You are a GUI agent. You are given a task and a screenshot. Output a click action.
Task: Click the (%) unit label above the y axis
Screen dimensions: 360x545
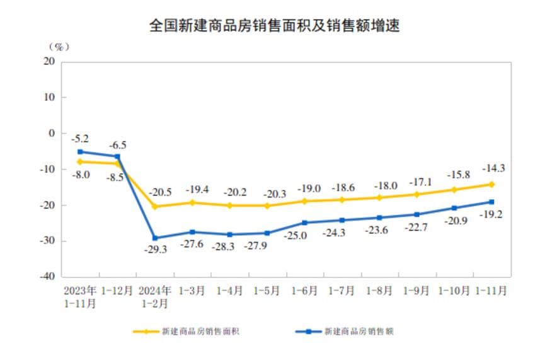pyautogui.click(x=58, y=47)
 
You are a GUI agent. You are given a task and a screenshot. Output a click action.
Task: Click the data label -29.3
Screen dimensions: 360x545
pyautogui.click(x=155, y=250)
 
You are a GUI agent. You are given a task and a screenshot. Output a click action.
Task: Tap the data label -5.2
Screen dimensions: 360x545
pyautogui.click(x=80, y=138)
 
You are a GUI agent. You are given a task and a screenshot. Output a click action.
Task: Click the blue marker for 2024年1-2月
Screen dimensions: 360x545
pyautogui.click(x=155, y=238)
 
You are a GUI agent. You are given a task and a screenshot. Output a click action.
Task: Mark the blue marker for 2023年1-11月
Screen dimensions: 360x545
pyautogui.click(x=80, y=152)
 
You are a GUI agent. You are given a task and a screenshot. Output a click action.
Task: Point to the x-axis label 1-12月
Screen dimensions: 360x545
pyautogui.click(x=117, y=291)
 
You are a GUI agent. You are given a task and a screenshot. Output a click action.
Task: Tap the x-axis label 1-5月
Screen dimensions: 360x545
pyautogui.click(x=266, y=291)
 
